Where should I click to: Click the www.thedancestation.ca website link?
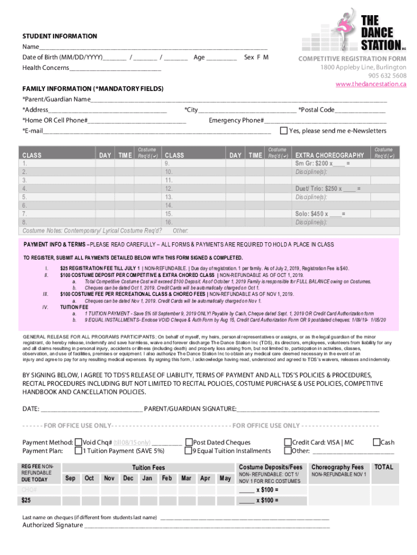[x=370, y=84]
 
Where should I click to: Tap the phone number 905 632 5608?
[x=387, y=75]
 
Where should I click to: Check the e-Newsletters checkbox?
[x=283, y=131]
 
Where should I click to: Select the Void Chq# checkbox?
[x=79, y=442]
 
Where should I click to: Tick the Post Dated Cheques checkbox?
[x=189, y=442]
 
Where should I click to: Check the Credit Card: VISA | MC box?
[x=288, y=442]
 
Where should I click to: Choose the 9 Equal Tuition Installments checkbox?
[x=189, y=450]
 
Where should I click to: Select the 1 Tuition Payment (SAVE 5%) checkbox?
[x=79, y=450]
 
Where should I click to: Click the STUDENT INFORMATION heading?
[x=60, y=36]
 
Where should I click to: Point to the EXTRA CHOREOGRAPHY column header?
[x=329, y=155]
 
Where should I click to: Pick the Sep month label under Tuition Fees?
[x=70, y=478]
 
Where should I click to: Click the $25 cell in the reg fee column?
[x=26, y=500]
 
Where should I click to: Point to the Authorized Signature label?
[x=53, y=525]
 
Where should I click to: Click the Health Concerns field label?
[x=45, y=68]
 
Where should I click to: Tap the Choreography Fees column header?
[x=337, y=467]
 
